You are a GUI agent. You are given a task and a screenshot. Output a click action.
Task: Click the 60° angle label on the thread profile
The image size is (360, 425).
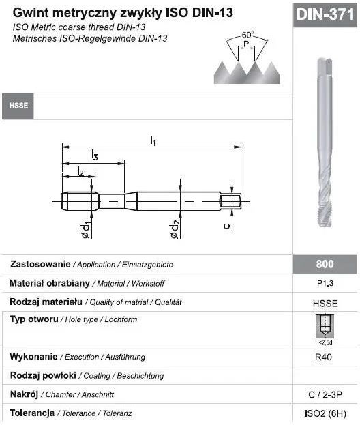click(247, 35)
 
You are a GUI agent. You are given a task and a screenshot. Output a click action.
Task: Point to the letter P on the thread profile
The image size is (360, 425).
click(246, 45)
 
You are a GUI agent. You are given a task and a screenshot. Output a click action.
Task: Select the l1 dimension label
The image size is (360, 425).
click(153, 141)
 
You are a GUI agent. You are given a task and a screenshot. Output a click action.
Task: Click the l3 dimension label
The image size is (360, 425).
click(94, 156)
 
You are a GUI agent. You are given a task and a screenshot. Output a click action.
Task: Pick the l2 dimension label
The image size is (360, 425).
click(80, 171)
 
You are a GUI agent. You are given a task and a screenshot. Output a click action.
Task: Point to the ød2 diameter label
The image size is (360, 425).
click(175, 230)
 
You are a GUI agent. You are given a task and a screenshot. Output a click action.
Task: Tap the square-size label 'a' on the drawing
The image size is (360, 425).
click(226, 225)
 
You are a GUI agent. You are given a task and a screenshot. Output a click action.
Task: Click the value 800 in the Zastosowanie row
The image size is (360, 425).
click(325, 264)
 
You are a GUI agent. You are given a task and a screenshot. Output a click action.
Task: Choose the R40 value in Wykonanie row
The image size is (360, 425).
click(325, 357)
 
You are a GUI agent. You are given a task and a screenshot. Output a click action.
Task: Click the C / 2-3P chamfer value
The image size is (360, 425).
click(325, 394)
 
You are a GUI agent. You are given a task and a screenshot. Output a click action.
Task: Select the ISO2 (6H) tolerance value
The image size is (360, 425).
click(325, 413)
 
